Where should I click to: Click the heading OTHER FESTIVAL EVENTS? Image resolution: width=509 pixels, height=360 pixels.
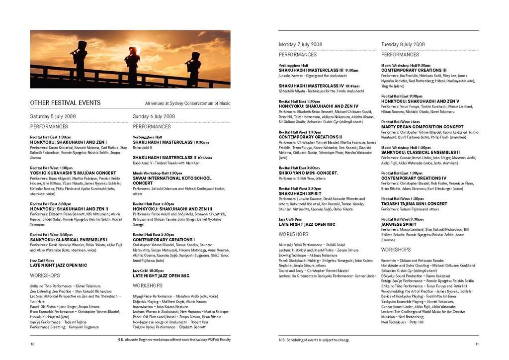(65, 103)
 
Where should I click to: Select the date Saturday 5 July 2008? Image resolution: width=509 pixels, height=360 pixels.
(53, 116)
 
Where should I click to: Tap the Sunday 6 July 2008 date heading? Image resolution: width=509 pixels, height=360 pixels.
(154, 116)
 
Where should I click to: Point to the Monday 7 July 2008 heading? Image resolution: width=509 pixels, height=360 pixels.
(302, 44)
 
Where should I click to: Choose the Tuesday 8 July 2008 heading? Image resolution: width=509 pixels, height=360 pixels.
(403, 44)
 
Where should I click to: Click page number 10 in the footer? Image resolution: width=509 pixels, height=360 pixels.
(32, 344)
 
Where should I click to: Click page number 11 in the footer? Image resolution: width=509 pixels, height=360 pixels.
(477, 344)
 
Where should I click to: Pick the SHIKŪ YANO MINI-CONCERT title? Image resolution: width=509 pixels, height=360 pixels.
(308, 173)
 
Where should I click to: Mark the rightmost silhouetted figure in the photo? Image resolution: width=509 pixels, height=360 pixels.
(193, 67)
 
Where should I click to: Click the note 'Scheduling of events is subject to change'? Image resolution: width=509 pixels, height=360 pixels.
(314, 340)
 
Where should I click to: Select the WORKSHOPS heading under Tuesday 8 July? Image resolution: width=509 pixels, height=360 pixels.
(396, 250)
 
